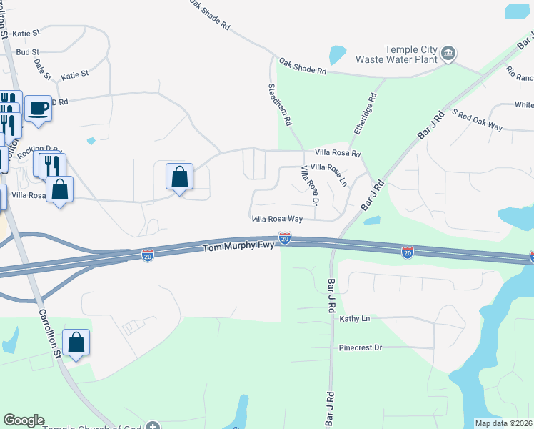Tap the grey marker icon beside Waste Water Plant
tap(448, 53)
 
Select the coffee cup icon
tap(39, 108)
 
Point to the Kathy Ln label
tap(355, 319)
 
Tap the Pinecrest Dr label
tap(361, 347)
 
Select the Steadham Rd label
tap(285, 109)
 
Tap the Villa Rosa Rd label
tap(338, 154)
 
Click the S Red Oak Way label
tap(478, 120)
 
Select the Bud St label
tap(27, 52)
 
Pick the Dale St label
tap(43, 68)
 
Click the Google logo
tap(24, 420)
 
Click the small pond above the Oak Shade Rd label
tap(337, 54)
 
